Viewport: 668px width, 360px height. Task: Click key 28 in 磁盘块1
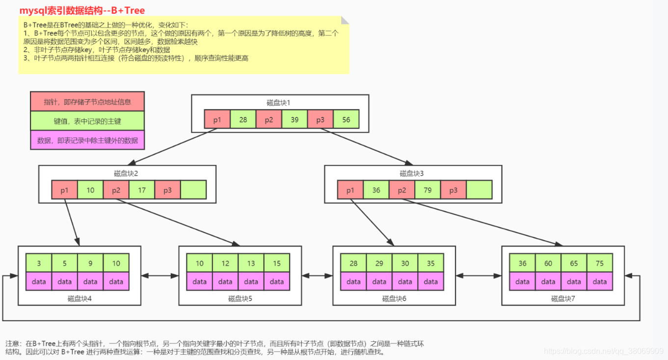[243, 119]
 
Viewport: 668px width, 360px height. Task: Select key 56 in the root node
[346, 119]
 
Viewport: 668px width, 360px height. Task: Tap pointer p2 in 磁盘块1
[269, 119]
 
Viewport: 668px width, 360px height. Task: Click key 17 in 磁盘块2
[142, 190]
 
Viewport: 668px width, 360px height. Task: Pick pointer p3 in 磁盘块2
[167, 190]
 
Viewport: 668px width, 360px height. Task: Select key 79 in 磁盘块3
[428, 190]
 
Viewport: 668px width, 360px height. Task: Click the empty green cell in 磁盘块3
[479, 190]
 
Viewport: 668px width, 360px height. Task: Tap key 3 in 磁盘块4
[39, 263]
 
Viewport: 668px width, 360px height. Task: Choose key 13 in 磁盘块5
[251, 263]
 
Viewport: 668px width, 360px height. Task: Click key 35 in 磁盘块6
[430, 263]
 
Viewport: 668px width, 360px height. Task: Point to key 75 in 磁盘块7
[599, 263]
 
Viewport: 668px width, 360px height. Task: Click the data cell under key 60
[548, 281]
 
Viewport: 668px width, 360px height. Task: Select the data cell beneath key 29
[379, 281]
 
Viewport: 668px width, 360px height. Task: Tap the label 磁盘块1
[279, 103]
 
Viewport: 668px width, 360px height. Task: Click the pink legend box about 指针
[87, 102]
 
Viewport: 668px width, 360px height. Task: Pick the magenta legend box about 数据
[87, 140]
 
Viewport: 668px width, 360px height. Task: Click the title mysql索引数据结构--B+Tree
[82, 10]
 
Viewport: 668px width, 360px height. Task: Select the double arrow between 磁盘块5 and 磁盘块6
[318, 276]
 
